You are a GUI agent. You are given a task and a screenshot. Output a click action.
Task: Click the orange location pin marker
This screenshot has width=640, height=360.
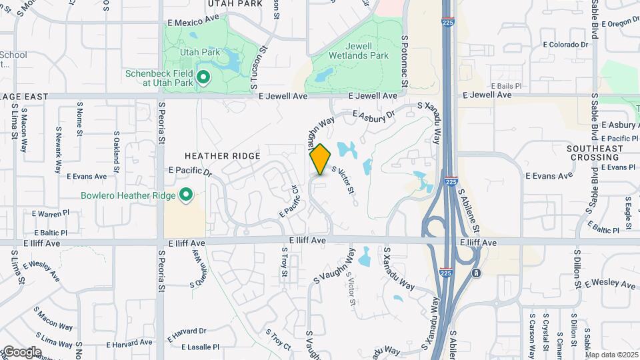click(320, 159)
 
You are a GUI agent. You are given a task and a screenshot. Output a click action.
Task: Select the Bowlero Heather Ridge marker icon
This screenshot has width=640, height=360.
click(186, 195)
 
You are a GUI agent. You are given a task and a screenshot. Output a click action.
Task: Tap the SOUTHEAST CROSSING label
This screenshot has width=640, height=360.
click(593, 153)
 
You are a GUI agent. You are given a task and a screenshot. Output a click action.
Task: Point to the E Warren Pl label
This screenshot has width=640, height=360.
click(50, 213)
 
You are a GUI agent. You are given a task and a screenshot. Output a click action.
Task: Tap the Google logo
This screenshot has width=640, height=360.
click(22, 352)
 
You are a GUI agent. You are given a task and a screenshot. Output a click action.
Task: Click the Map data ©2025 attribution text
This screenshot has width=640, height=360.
click(611, 355)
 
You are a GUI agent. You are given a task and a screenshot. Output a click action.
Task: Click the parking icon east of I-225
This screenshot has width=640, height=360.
click(475, 273)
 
